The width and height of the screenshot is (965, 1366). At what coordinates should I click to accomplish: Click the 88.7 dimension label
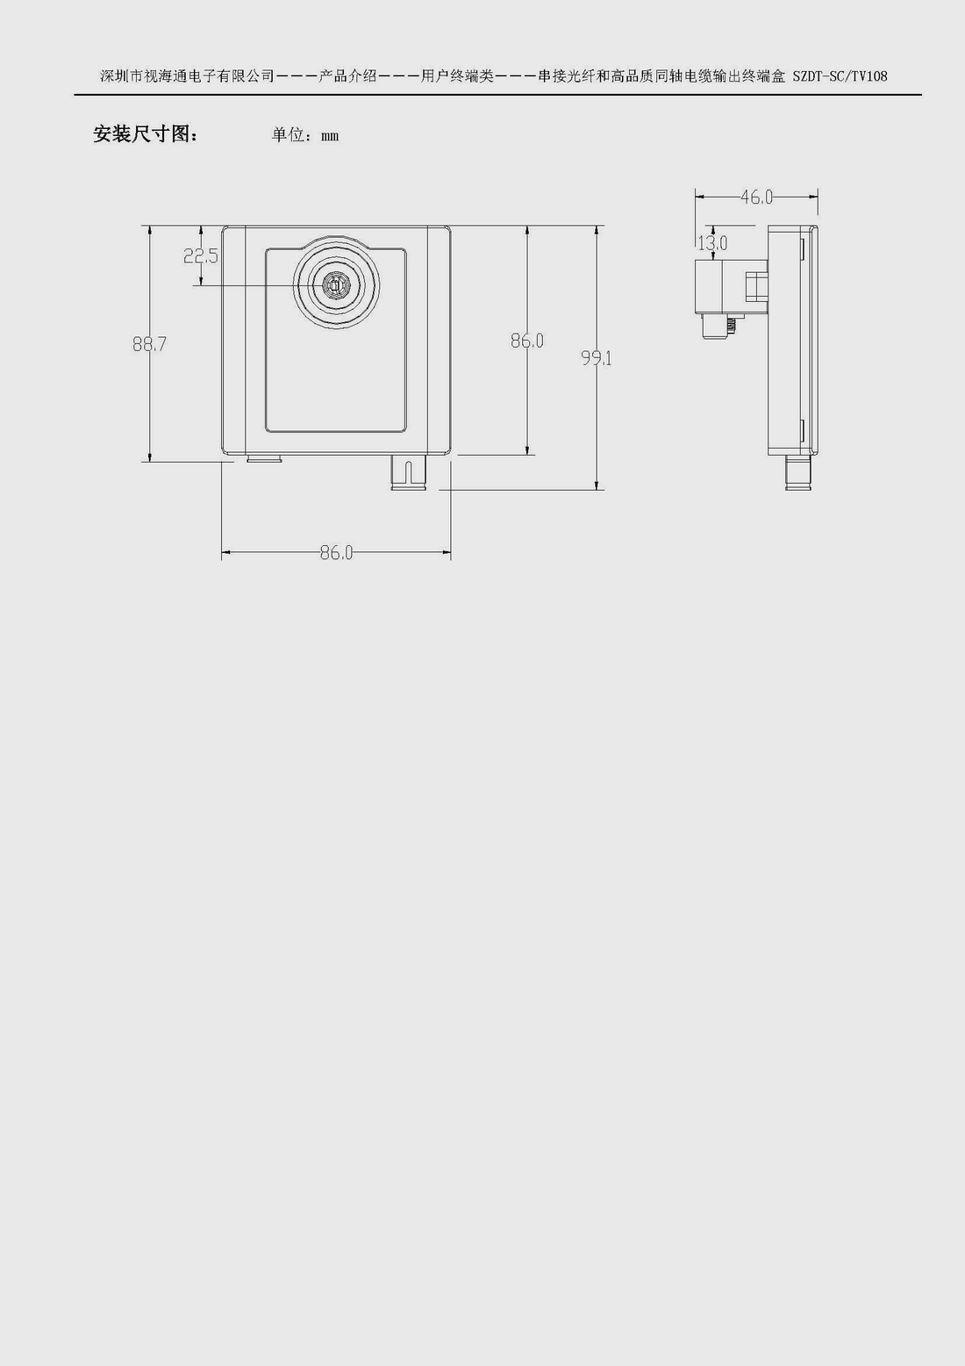[149, 344]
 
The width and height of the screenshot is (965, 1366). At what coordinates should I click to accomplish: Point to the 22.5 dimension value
[200, 256]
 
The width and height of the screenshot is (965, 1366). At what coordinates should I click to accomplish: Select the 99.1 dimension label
[597, 358]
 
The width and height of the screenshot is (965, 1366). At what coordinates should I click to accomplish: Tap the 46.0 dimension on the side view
[756, 197]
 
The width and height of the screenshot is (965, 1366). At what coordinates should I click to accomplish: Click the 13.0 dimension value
[712, 243]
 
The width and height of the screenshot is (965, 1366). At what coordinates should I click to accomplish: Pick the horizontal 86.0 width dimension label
[336, 552]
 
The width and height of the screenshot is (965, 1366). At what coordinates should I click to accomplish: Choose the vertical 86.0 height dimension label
[527, 341]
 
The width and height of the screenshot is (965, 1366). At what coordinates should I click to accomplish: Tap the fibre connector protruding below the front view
[408, 472]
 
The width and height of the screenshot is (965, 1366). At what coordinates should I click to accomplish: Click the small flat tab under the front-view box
[264, 457]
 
